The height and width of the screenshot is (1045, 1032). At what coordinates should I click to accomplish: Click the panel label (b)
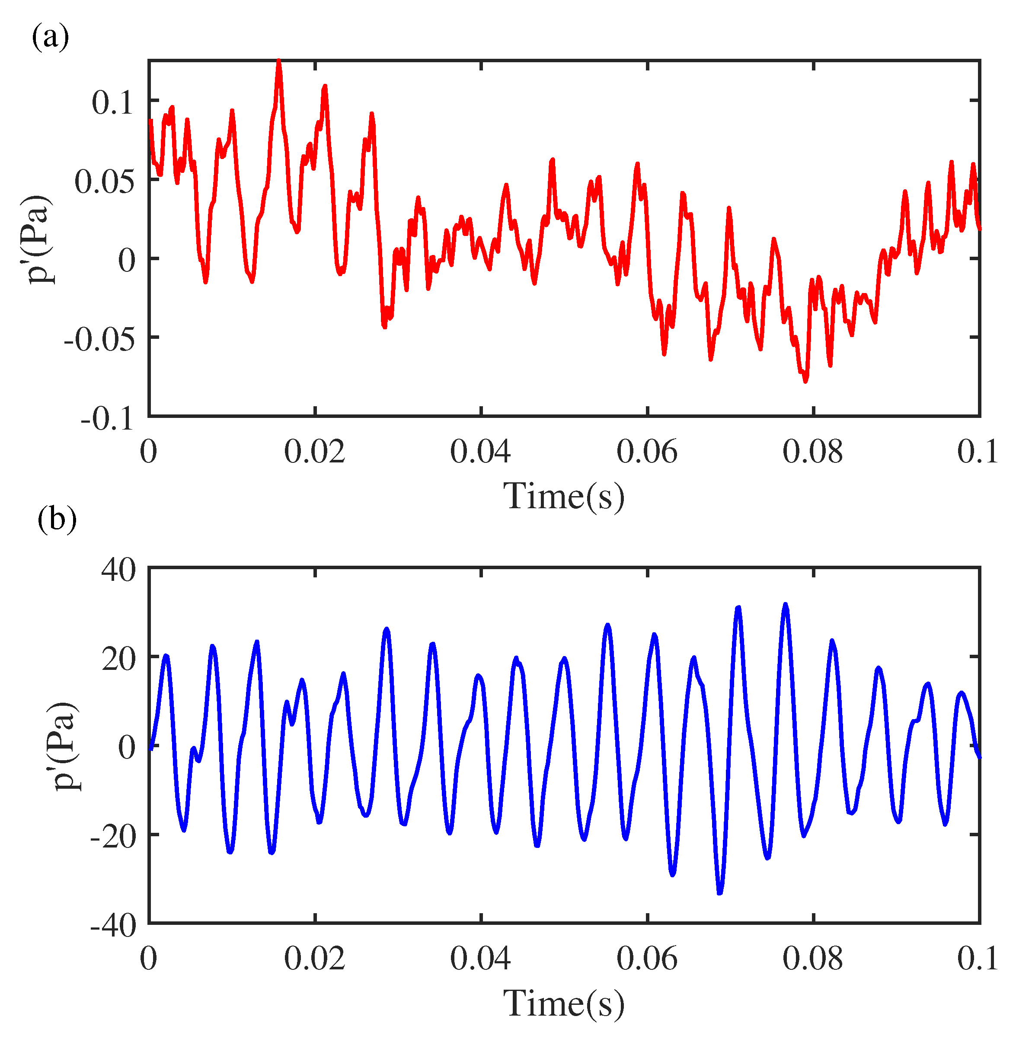click(57, 519)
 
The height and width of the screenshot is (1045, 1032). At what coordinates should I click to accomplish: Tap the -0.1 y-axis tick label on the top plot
click(107, 419)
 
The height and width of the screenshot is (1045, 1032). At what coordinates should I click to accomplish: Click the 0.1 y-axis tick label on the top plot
click(112, 102)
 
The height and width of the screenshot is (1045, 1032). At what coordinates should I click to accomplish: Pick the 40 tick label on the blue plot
click(118, 570)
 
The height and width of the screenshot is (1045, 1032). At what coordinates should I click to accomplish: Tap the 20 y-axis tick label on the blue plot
click(118, 659)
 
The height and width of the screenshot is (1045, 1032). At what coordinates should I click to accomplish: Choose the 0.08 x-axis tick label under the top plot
click(812, 452)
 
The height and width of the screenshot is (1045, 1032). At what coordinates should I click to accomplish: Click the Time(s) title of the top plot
click(563, 495)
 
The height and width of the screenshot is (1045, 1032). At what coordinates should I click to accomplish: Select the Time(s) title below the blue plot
click(563, 1004)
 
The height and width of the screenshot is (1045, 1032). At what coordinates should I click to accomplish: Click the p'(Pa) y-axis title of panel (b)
click(65, 747)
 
